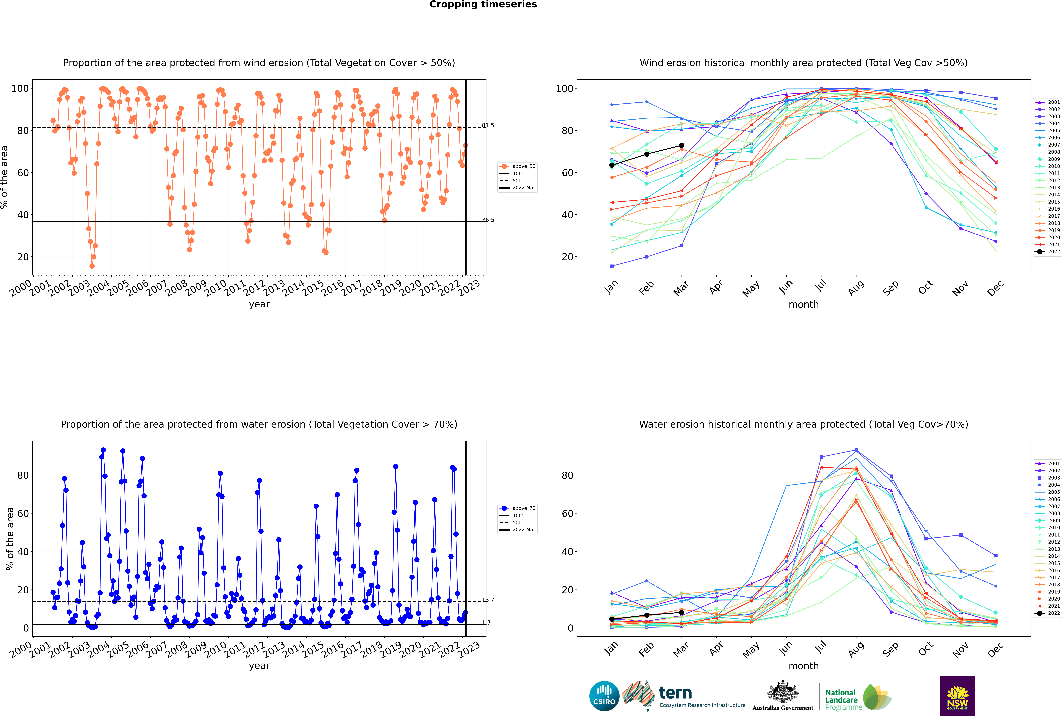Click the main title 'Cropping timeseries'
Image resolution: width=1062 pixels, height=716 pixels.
click(483, 5)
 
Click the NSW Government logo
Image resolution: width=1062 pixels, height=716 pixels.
click(957, 696)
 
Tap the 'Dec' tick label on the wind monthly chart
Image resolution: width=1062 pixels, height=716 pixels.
click(995, 288)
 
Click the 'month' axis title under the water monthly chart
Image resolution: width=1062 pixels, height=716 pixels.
click(804, 666)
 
